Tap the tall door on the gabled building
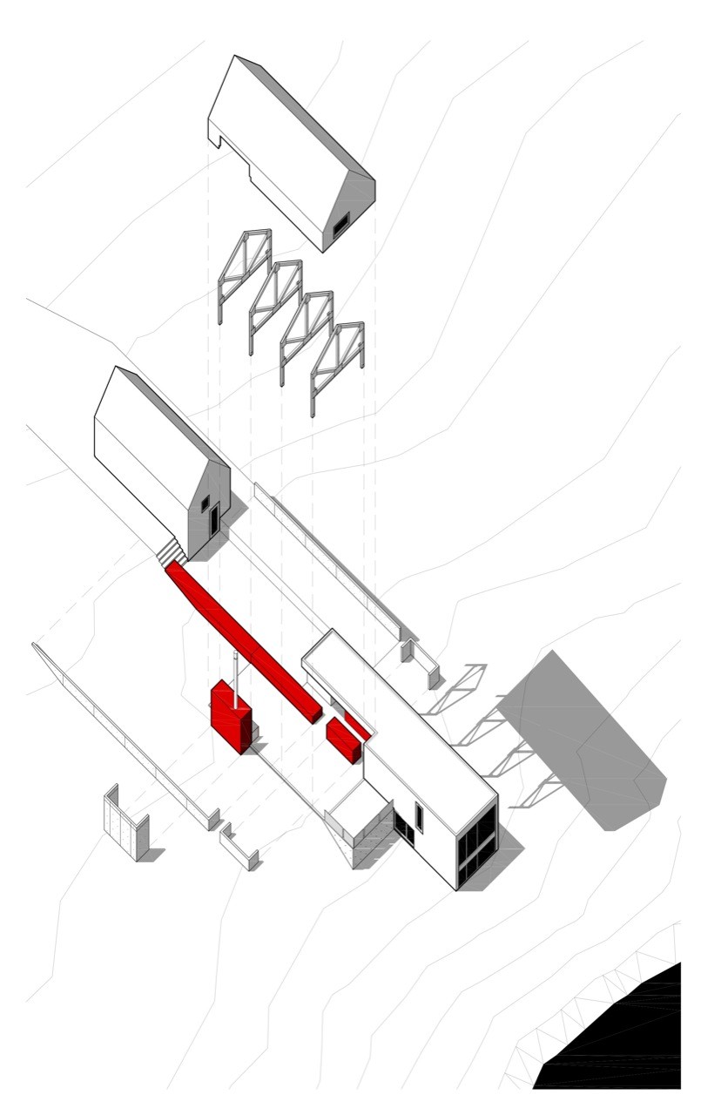pos(213,521)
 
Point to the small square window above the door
pos(206,503)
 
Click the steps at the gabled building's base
pos(172,551)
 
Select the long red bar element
pos(244,640)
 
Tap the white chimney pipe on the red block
pos(234,671)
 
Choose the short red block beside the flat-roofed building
pos(343,740)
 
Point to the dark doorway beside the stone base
pos(403,828)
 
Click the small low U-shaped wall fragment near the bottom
pos(239,849)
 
